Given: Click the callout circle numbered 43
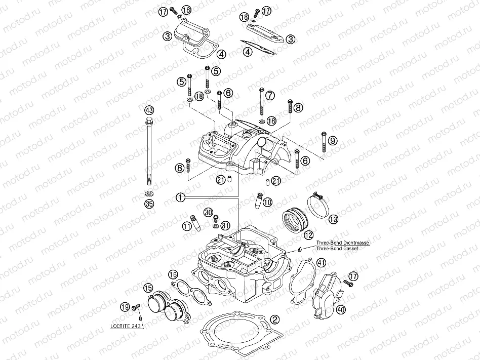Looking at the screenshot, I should pos(148,110).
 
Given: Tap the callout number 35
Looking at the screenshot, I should pos(148,204).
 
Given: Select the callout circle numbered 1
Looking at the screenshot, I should pos(181,197).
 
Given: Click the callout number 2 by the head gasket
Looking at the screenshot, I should pos(274,319).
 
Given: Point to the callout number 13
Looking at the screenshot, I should pos(333,219).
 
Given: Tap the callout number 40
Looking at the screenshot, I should pos(340,309).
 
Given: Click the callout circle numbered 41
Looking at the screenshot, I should pos(321,262).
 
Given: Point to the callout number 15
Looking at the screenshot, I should pos(148,288).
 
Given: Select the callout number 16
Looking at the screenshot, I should pos(173,275).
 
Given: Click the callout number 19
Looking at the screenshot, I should pos(124,306).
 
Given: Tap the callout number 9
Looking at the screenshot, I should pos(332,140).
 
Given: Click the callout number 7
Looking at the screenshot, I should pos(270,95).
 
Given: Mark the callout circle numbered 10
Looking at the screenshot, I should pos(267,202).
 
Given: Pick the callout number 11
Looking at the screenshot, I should pos(187,226).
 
